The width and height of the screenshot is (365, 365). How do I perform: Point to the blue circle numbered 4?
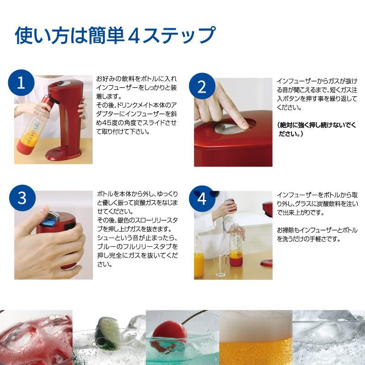point(202,198)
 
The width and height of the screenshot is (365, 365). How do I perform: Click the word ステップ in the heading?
point(182,36)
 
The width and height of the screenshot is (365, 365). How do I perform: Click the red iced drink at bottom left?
point(34,338)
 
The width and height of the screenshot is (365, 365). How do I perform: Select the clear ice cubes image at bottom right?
point(328,338)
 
